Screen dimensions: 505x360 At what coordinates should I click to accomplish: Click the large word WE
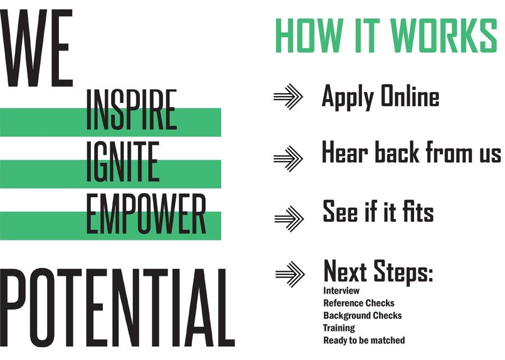36,48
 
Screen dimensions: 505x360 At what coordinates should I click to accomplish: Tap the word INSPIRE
131,110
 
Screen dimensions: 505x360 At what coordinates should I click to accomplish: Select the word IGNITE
123,161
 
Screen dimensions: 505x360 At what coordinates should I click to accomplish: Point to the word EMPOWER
146,213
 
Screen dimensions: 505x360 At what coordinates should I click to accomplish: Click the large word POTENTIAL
117,308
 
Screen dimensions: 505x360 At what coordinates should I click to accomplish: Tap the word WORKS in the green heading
444,35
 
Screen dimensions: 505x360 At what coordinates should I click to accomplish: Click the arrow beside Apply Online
288,97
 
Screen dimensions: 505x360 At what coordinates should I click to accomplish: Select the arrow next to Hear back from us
288,158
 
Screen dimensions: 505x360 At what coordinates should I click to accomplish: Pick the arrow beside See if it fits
289,218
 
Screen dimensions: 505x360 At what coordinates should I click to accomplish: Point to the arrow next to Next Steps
290,274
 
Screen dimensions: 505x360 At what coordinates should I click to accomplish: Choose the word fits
417,211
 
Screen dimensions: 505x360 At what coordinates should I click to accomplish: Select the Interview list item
341,291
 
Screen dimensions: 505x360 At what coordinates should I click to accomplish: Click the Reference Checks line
359,303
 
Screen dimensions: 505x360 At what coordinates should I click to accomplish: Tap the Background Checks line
362,316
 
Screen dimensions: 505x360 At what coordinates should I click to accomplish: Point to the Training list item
339,328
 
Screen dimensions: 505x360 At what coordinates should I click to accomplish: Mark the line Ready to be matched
364,340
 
